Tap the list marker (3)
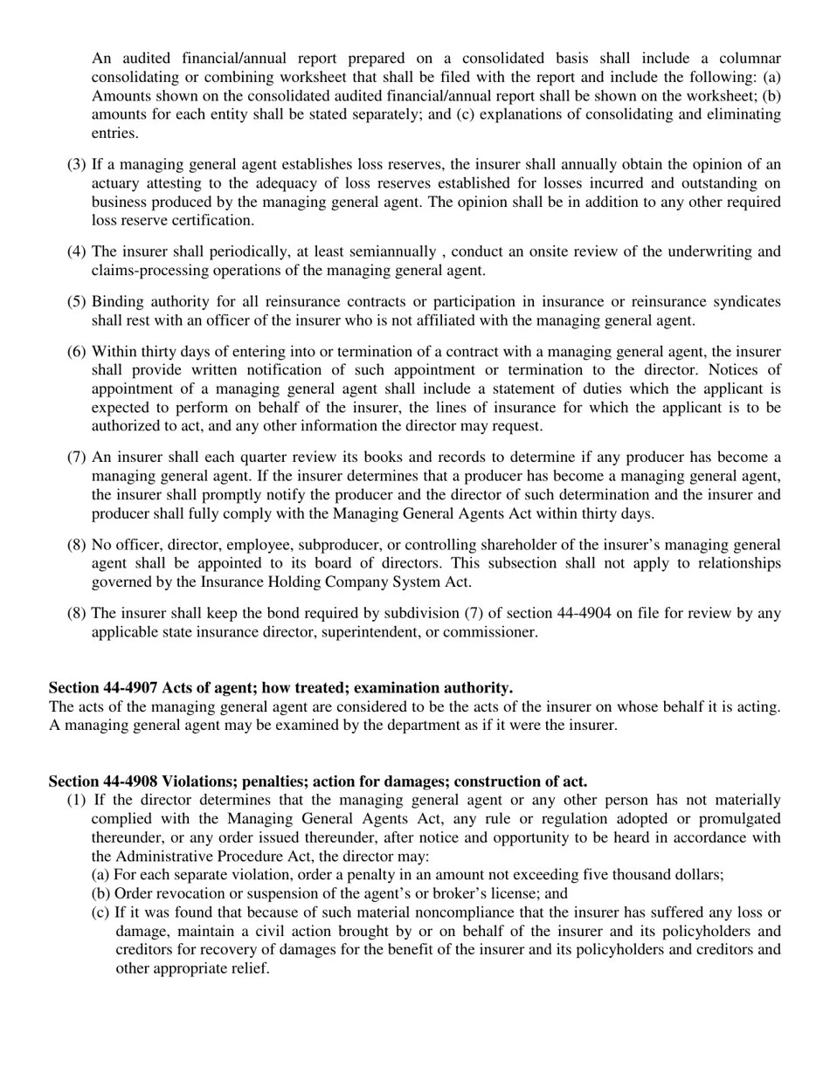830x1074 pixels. pos(77,165)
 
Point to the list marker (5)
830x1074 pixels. pos(77,302)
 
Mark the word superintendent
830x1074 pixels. pos(368,632)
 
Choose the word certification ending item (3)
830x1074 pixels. pos(213,221)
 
